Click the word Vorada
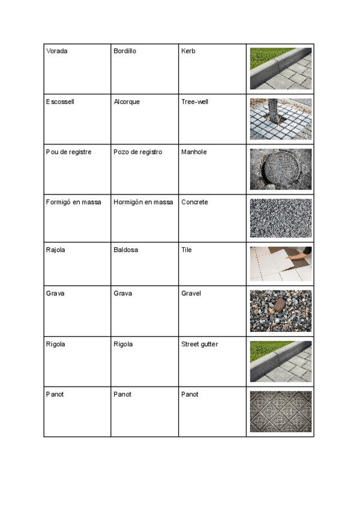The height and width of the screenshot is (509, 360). click(56, 51)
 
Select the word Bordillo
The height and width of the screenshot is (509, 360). click(125, 51)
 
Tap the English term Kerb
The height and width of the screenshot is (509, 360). click(188, 51)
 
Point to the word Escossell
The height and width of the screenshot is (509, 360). click(59, 101)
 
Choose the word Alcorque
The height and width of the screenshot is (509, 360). click(127, 101)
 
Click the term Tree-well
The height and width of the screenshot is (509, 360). click(194, 101)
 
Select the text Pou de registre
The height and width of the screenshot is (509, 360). click(68, 152)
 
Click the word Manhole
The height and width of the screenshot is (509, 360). click(194, 152)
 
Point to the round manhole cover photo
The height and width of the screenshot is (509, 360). click(280, 169)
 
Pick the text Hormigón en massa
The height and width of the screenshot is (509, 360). click(143, 202)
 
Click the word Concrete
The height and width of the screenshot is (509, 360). click(194, 202)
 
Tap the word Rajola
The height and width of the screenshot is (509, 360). click(55, 250)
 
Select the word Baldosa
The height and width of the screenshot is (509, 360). click(125, 250)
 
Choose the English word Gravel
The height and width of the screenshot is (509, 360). click(191, 294)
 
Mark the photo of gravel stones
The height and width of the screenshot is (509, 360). click(280, 311)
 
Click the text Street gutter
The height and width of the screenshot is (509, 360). click(199, 344)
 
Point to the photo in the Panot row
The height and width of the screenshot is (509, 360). click(280, 412)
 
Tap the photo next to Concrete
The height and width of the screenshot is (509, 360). click(280, 218)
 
